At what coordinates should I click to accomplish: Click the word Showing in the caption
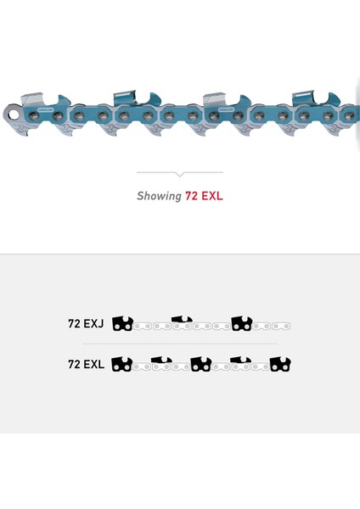click(x=159, y=196)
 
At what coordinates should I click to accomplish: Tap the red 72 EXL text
click(x=204, y=196)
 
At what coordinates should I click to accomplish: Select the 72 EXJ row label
click(x=86, y=324)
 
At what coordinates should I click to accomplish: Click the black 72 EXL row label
click(x=86, y=364)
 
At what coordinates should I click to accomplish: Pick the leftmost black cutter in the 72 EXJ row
click(x=122, y=324)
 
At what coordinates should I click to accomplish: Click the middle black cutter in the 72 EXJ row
click(x=182, y=319)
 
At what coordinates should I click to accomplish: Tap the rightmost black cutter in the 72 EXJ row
click(x=242, y=323)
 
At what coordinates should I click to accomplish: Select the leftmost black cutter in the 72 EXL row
click(x=122, y=364)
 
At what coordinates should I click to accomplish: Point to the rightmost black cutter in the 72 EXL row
click(x=280, y=364)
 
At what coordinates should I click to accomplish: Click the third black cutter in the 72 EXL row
click(x=201, y=364)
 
